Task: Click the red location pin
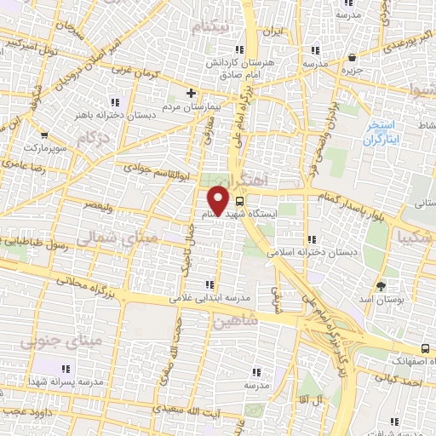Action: [220, 201]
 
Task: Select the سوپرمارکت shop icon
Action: [44, 135]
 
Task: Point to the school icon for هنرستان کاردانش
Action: [239, 51]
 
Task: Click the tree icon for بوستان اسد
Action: [381, 286]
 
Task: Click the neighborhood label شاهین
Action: [236, 322]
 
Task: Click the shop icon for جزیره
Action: [353, 58]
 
